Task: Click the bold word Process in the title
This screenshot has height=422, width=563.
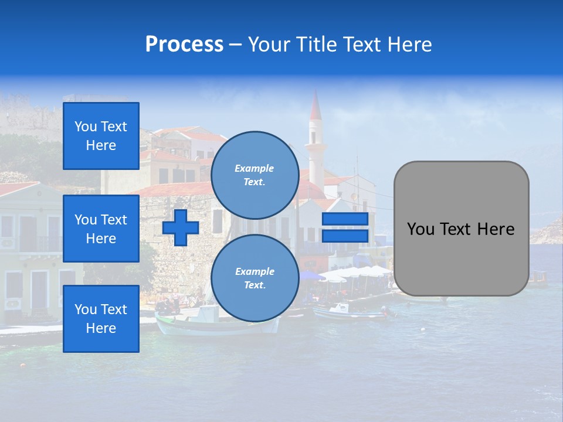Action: [184, 45]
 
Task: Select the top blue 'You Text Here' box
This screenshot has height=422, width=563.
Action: [101, 136]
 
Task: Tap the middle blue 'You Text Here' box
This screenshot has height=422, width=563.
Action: [101, 229]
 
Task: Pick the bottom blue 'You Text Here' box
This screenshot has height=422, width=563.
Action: [101, 319]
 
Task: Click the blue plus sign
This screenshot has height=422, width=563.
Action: [181, 228]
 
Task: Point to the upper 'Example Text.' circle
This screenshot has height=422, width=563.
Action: [255, 175]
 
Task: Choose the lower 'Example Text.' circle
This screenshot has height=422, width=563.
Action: [255, 278]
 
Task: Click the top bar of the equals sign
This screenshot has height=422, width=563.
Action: [345, 219]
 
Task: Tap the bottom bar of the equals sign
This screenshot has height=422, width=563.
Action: [345, 236]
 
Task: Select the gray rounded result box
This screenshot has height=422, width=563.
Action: [461, 229]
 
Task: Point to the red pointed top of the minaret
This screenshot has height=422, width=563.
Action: [316, 104]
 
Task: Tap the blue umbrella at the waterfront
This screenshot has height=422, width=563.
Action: [311, 275]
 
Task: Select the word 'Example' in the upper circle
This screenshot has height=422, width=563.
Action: [255, 168]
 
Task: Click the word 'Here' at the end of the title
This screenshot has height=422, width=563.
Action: [410, 45]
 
